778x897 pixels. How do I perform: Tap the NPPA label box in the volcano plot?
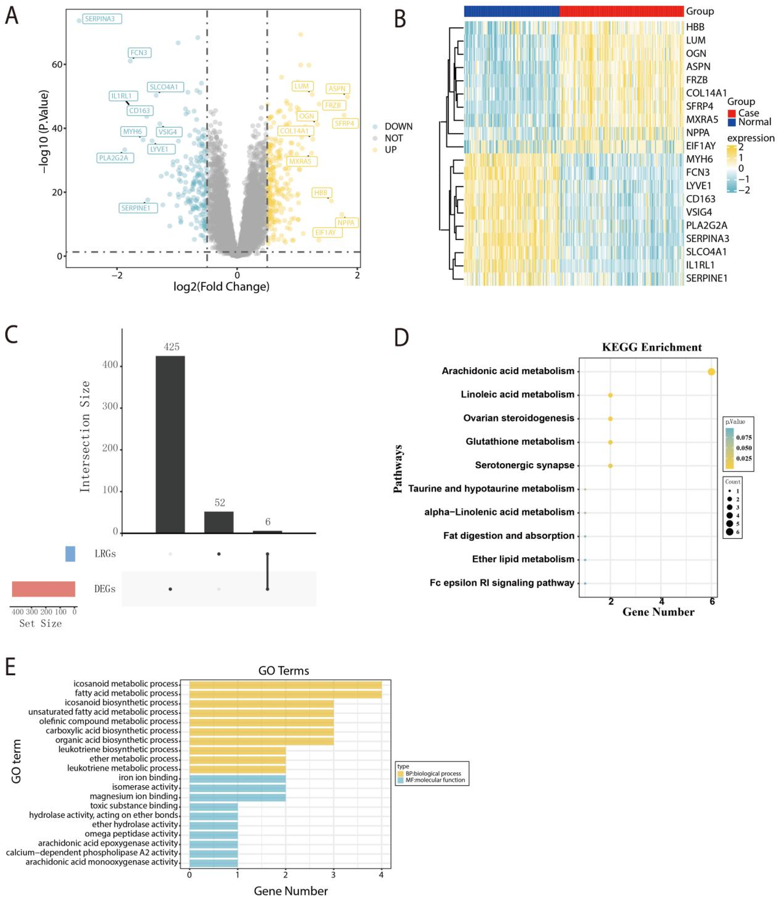(x=346, y=223)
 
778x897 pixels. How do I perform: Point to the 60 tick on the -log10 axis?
(x=57, y=64)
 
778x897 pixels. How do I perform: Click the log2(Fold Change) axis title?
(x=221, y=287)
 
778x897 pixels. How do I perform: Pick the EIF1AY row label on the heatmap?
(x=700, y=146)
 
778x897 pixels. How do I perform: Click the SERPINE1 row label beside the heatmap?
(x=707, y=278)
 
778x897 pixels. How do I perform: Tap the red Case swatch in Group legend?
(x=732, y=113)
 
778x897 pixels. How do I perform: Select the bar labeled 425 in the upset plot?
(x=170, y=444)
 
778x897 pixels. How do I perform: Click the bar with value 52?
(x=219, y=522)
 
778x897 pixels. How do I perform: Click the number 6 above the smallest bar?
(x=268, y=521)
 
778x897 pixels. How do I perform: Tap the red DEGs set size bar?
(x=44, y=589)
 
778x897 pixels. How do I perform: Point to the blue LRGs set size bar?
(x=70, y=553)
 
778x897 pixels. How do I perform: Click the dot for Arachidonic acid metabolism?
(x=711, y=372)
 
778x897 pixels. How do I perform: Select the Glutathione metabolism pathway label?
(x=520, y=442)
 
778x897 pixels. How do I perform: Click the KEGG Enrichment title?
(x=651, y=347)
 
